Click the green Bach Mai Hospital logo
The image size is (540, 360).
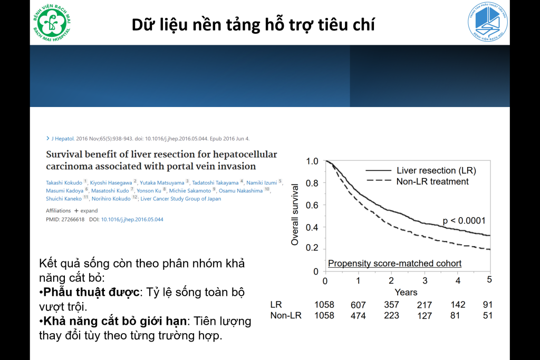(52, 23)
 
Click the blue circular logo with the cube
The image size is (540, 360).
(488, 21)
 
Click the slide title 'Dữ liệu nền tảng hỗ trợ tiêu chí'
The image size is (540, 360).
(253, 25)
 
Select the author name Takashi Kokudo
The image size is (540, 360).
(64, 183)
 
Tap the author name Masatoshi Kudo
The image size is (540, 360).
(110, 191)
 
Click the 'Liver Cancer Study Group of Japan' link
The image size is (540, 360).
(181, 199)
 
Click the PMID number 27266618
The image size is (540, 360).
(73, 219)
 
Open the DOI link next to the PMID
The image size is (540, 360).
(132, 219)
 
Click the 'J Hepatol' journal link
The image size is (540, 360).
(63, 139)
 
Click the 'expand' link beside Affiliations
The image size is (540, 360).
(89, 211)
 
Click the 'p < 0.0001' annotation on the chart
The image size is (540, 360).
(464, 221)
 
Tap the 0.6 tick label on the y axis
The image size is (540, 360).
(312, 205)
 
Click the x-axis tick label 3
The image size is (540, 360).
(425, 280)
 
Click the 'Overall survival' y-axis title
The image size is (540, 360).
(294, 215)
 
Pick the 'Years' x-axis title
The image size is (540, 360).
(406, 292)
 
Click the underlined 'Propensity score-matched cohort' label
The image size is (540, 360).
(394, 264)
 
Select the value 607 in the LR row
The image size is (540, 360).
(358, 305)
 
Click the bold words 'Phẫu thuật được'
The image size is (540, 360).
(91, 292)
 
